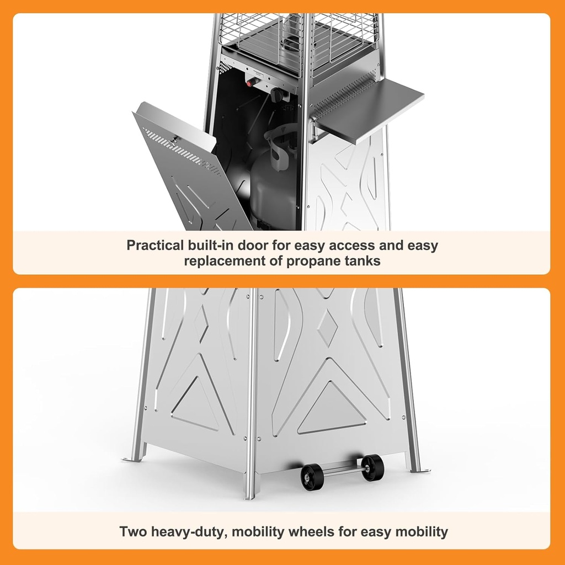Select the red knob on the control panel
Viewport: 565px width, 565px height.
coord(253,82)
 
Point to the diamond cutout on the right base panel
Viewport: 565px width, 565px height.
coord(328,327)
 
